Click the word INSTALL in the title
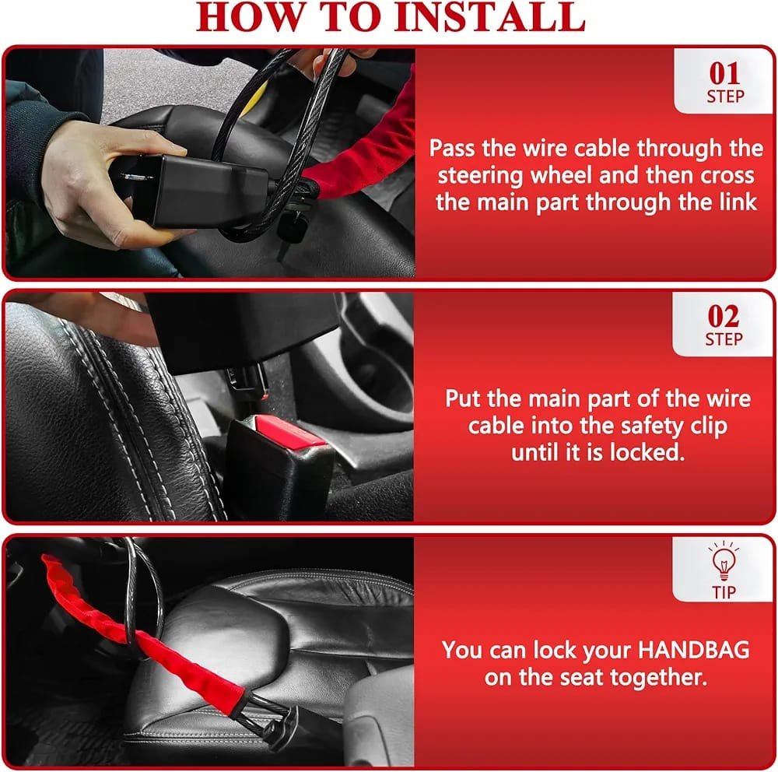pos(489,17)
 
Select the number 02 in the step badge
pos(724,316)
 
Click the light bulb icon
pos(724,561)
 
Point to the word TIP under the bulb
pos(724,592)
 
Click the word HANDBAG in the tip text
pos(693,650)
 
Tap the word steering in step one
pos(480,176)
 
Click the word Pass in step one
pos(451,149)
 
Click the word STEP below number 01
pos(725,96)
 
